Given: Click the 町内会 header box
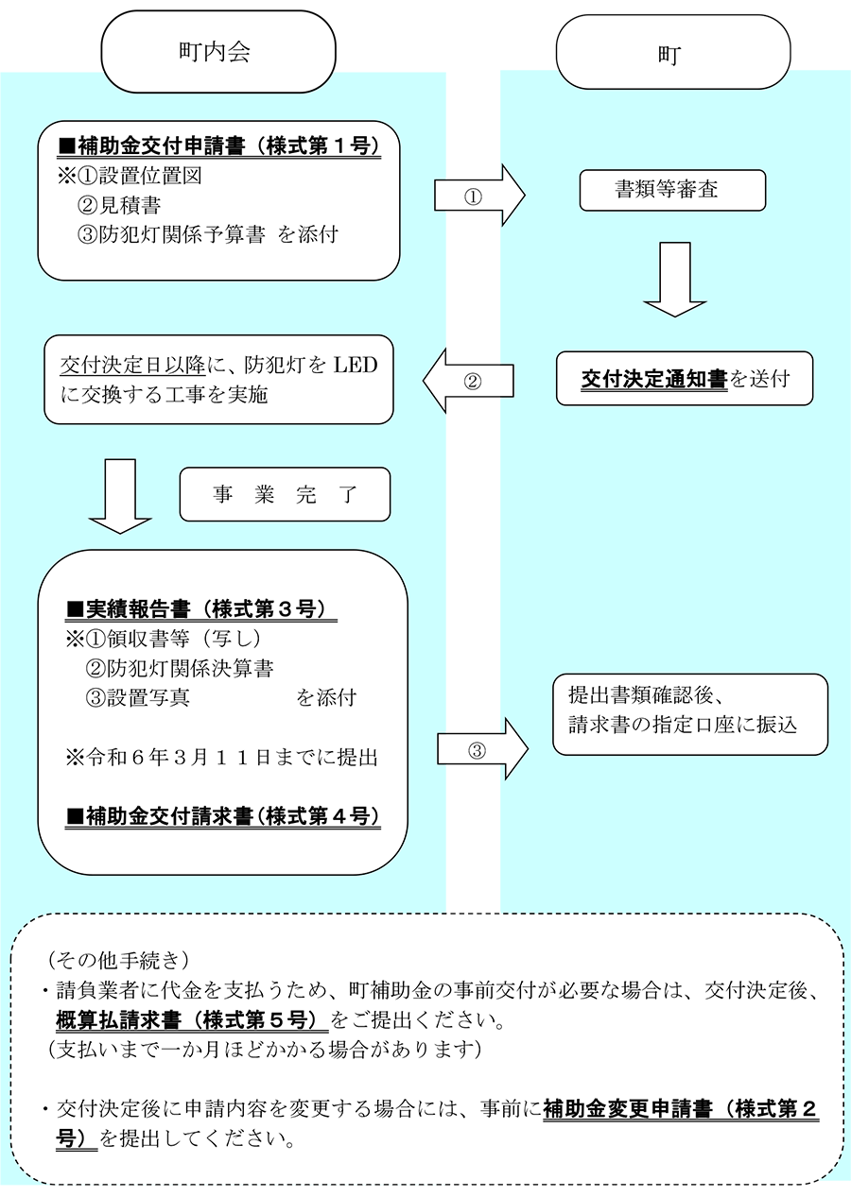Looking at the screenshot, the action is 218,52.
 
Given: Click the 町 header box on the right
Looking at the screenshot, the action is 673,52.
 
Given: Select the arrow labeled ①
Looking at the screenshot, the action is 479,196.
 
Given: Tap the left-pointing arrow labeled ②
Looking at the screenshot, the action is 468,381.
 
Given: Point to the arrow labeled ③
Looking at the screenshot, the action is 482,749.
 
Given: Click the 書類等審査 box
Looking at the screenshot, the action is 672,190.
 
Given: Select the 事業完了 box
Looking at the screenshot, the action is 285,494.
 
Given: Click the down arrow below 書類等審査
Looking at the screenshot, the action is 674,280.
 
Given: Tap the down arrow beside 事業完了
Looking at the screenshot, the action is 120,496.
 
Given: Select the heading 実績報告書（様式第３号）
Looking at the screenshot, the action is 201,609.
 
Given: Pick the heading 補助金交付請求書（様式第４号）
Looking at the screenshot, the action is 222,816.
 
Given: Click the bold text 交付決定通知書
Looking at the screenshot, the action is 653,379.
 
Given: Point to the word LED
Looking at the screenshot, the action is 356,365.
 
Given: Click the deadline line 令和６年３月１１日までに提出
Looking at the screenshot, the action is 221,757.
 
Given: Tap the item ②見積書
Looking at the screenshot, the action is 119,205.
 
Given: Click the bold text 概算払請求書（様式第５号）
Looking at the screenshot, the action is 192,1020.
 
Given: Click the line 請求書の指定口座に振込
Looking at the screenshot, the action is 683,725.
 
